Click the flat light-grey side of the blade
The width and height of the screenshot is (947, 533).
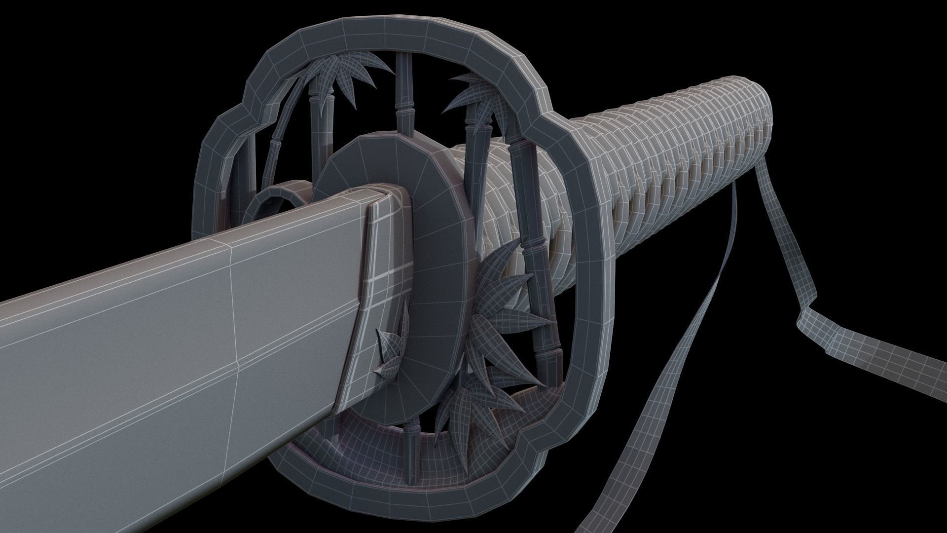pos(148,345)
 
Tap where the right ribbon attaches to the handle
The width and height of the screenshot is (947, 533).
pos(755,170)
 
